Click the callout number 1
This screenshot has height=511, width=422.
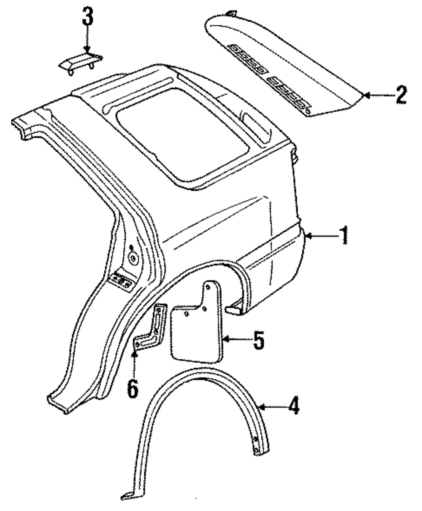tap(344, 235)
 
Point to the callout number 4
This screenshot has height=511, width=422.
tap(294, 407)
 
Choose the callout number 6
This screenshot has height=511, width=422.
tap(133, 388)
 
